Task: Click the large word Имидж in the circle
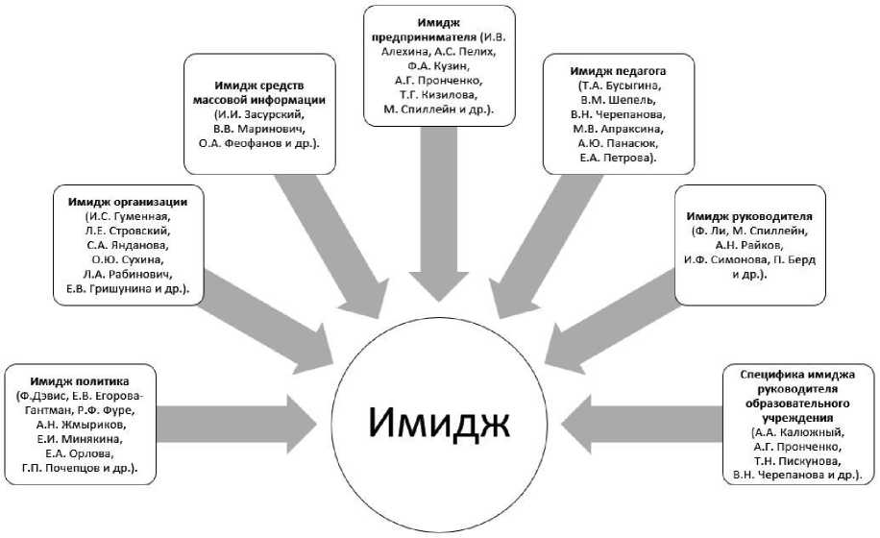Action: click(439, 421)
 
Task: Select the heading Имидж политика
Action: click(79, 380)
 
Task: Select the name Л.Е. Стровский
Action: click(127, 231)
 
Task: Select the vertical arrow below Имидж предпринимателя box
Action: click(439, 221)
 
